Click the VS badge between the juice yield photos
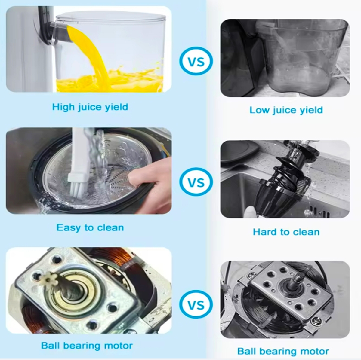pos(196,61)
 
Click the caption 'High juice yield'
pos(90,107)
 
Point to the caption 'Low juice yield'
pos(286,110)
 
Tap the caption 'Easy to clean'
pos(90,228)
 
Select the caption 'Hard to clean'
pos(286,232)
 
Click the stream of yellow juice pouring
pos(92,54)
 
